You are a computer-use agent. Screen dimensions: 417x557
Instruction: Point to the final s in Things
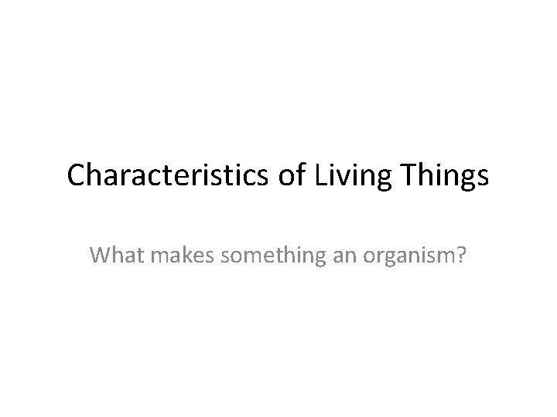click(484, 178)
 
